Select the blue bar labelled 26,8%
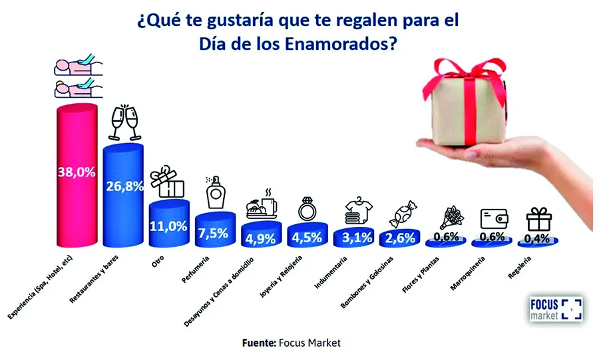124,193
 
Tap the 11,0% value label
169,226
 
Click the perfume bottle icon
214,192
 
